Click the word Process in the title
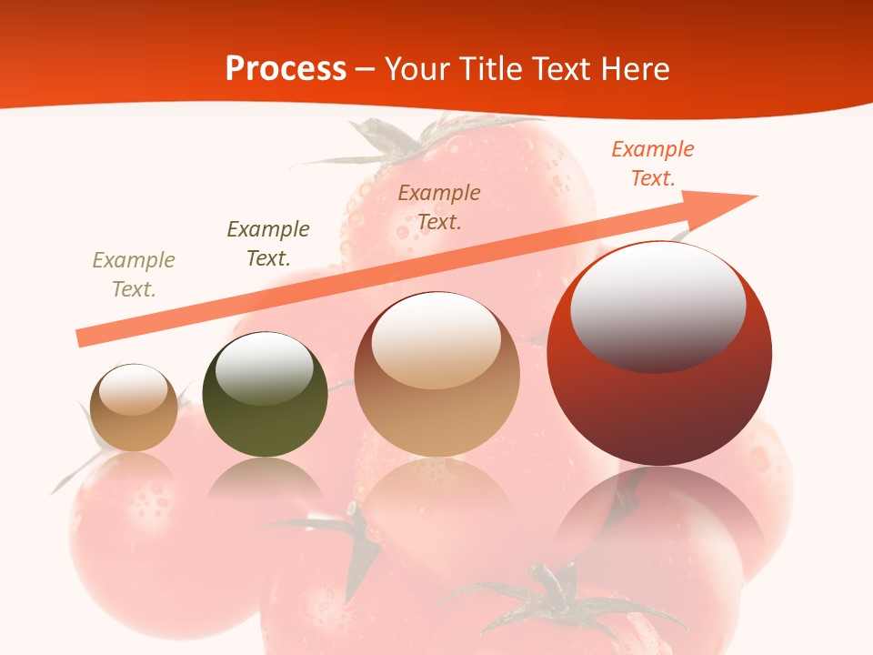(286, 69)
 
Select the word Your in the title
(416, 69)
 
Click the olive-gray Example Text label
(134, 275)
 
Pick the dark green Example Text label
(268, 244)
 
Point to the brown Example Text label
(439, 207)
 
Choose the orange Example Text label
(653, 164)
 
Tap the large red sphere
(659, 400)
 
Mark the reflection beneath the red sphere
(659, 519)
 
